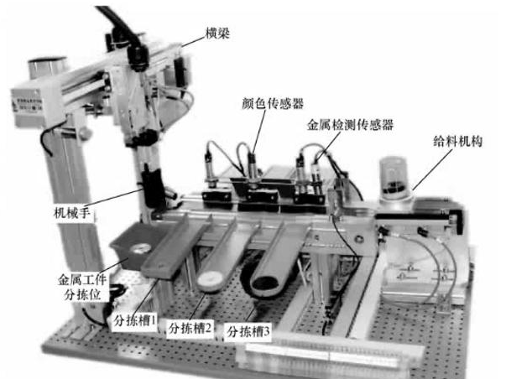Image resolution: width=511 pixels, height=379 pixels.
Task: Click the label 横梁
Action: tap(216, 34)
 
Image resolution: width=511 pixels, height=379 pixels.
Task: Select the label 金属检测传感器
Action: tap(351, 123)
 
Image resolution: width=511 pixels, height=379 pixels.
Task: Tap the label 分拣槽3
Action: tap(247, 332)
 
